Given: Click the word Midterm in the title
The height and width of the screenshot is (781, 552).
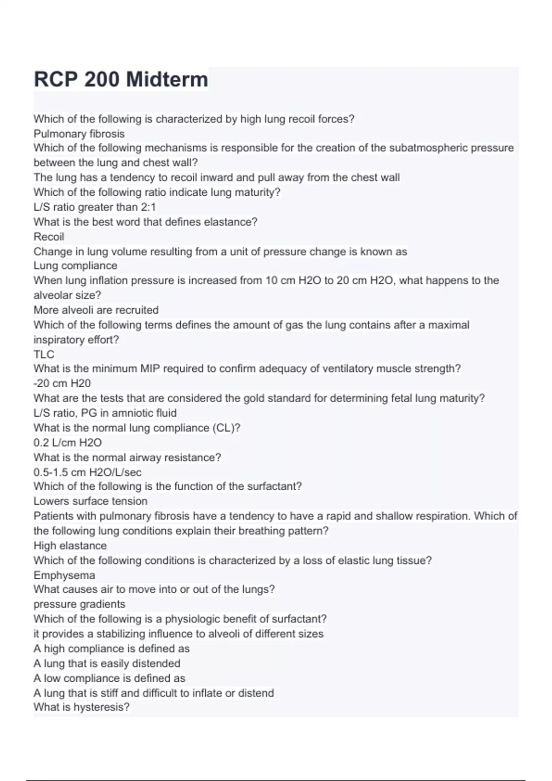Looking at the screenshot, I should click(167, 79).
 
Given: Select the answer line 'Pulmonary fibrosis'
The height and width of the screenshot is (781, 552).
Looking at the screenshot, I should click(79, 134).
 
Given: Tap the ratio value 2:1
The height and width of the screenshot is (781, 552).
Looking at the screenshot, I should click(148, 207).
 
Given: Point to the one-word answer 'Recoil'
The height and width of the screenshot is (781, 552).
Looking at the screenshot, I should click(49, 237).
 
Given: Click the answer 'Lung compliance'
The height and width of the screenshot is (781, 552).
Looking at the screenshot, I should click(75, 266).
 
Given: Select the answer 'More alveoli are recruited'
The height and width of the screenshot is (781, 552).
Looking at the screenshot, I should click(96, 310).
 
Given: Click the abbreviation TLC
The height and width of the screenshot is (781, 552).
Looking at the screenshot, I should click(44, 354).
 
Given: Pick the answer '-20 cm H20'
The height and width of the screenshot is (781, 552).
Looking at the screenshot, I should click(62, 383).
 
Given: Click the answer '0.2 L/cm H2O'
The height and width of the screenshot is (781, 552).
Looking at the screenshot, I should click(68, 442).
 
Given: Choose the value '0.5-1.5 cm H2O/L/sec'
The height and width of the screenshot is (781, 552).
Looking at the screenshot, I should click(87, 472).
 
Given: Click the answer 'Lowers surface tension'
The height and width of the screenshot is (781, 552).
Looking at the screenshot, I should click(91, 501).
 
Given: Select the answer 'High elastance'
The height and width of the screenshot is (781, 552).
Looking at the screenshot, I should click(70, 546).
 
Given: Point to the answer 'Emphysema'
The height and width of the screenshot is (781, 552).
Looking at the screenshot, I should click(64, 575).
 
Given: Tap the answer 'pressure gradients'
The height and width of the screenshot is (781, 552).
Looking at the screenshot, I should click(80, 604).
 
